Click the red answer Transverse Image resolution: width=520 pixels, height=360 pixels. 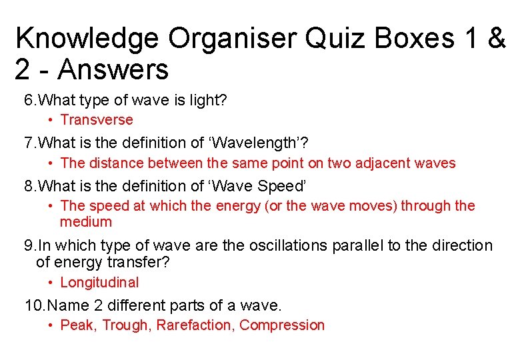click(x=97, y=120)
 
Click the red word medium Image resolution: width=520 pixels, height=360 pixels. click(x=86, y=222)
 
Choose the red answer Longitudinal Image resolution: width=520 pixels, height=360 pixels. click(x=99, y=283)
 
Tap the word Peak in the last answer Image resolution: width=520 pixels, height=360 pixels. click(x=75, y=325)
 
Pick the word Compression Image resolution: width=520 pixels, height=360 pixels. click(x=282, y=325)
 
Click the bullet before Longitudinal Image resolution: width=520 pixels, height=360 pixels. click(x=51, y=283)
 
